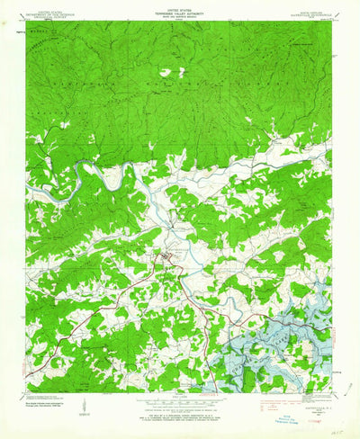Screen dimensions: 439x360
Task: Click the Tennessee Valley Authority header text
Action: pos(179,13)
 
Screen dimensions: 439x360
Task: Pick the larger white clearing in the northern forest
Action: pos(165,72)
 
